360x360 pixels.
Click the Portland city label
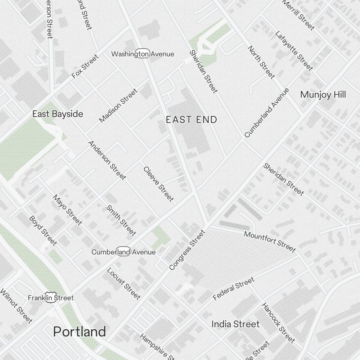(80, 332)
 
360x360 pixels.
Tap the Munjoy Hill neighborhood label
(323, 95)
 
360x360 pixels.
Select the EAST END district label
(192, 120)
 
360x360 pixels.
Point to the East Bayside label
(58, 114)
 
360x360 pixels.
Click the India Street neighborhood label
(235, 324)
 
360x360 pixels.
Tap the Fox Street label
(85, 66)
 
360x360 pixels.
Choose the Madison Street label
(118, 105)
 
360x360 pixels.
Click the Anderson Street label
(107, 160)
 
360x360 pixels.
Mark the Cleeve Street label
(158, 184)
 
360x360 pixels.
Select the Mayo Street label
(67, 210)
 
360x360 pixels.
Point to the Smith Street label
(121, 220)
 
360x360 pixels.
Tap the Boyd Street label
(43, 230)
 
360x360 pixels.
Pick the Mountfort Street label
(270, 241)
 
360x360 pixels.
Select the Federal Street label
(233, 288)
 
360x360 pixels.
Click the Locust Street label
(123, 284)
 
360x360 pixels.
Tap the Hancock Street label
(278, 323)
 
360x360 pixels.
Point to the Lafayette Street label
(294, 50)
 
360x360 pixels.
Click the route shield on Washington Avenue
(143, 54)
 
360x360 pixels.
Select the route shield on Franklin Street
(51, 298)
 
